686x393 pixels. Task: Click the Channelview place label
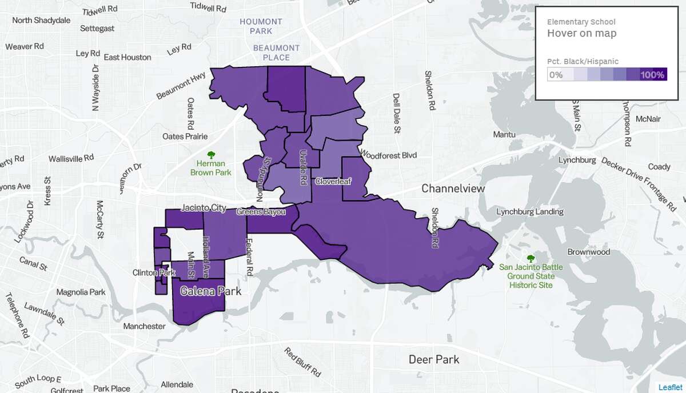tap(453, 189)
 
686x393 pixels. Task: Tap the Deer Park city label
tap(434, 359)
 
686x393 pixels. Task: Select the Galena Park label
tap(210, 291)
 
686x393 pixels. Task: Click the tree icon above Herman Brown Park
tap(211, 154)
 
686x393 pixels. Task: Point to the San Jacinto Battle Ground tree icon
tap(531, 258)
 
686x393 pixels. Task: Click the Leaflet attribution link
tap(670, 387)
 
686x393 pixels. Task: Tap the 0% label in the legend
tap(556, 75)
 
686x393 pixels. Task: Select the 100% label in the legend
tap(652, 75)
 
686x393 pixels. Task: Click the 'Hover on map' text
tap(581, 33)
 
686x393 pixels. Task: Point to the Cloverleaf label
tap(333, 182)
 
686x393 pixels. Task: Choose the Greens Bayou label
tap(261, 212)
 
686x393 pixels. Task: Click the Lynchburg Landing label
tap(527, 211)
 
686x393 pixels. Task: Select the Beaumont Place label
tap(277, 53)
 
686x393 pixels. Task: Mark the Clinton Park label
tap(154, 272)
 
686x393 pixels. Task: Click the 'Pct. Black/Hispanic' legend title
tap(583, 61)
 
